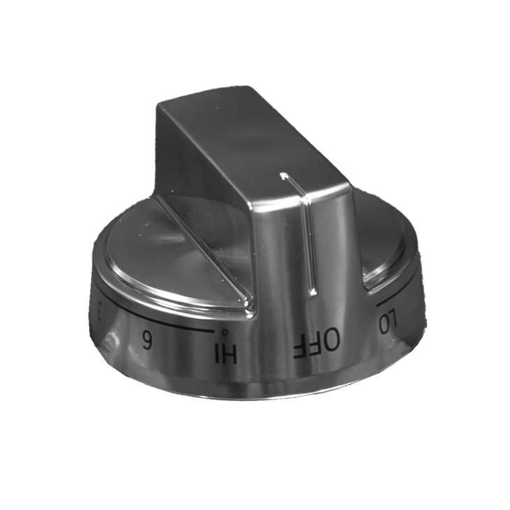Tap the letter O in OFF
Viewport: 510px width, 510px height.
[x=331, y=340]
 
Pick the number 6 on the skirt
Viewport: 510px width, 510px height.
[x=147, y=340]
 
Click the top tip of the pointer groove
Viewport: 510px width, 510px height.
[x=284, y=175]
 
